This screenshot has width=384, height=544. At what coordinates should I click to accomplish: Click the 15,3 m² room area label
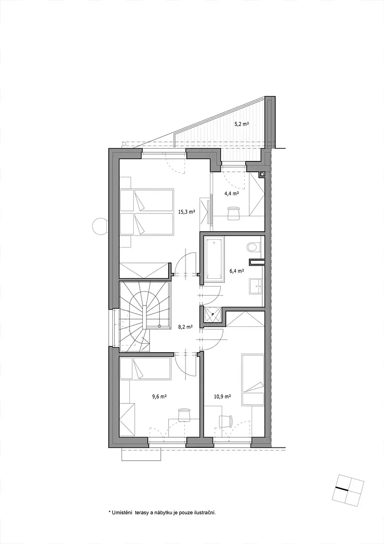pos(187,212)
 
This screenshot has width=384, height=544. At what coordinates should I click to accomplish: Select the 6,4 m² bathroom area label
pos(237,271)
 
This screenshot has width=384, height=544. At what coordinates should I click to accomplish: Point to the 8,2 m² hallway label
pos(185,327)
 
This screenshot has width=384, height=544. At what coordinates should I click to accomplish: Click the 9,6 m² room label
pos(159,396)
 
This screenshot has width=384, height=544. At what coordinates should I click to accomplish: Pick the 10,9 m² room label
pos(222,396)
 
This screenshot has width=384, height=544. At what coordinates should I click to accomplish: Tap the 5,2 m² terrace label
pos(242,124)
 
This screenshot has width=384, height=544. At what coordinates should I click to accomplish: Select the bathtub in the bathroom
pos(214,259)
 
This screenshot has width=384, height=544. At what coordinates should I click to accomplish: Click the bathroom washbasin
pos(255,286)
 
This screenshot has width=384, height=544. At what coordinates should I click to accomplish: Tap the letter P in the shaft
pos(213,314)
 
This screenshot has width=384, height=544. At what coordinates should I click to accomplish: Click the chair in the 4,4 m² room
pos(234,213)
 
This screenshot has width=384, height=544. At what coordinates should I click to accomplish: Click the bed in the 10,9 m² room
pos(253,380)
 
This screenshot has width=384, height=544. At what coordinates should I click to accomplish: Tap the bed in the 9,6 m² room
pos(145,369)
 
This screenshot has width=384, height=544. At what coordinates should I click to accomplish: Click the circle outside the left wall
pos(100,226)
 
